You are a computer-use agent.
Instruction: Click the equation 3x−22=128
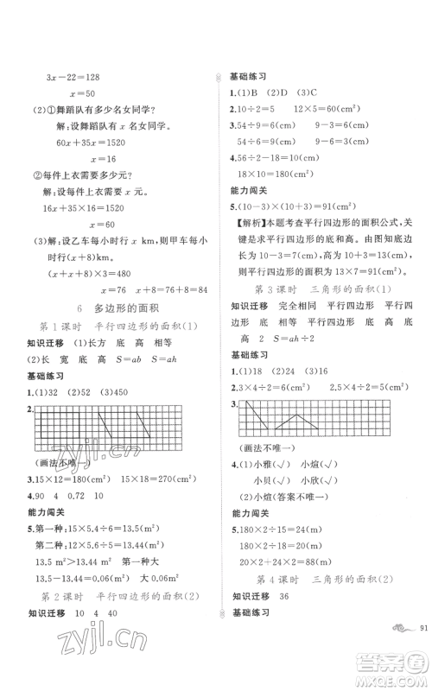click(x=73, y=79)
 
